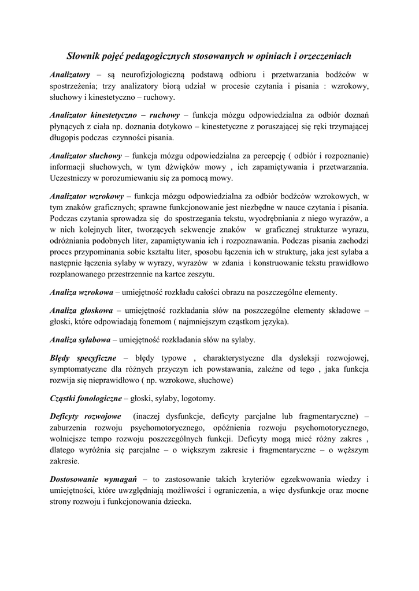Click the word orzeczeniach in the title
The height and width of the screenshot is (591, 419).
click(320, 56)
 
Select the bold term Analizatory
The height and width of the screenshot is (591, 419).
click(70, 74)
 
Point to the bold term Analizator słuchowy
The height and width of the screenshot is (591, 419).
click(86, 155)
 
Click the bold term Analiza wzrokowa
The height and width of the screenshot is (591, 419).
click(81, 292)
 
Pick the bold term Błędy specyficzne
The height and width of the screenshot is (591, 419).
click(83, 357)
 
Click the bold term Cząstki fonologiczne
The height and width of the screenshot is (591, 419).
click(86, 398)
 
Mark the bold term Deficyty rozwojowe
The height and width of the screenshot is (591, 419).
click(85, 416)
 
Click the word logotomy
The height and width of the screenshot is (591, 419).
click(198, 398)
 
